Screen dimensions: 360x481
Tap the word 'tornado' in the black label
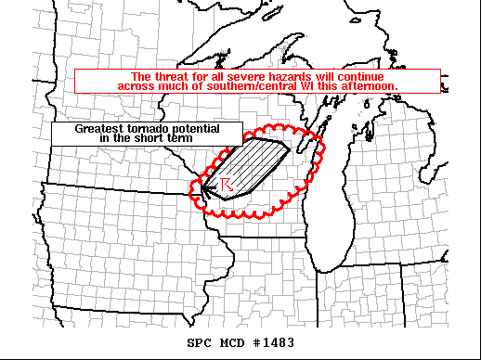click(144, 128)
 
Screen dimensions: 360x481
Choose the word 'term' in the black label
click(172, 137)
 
